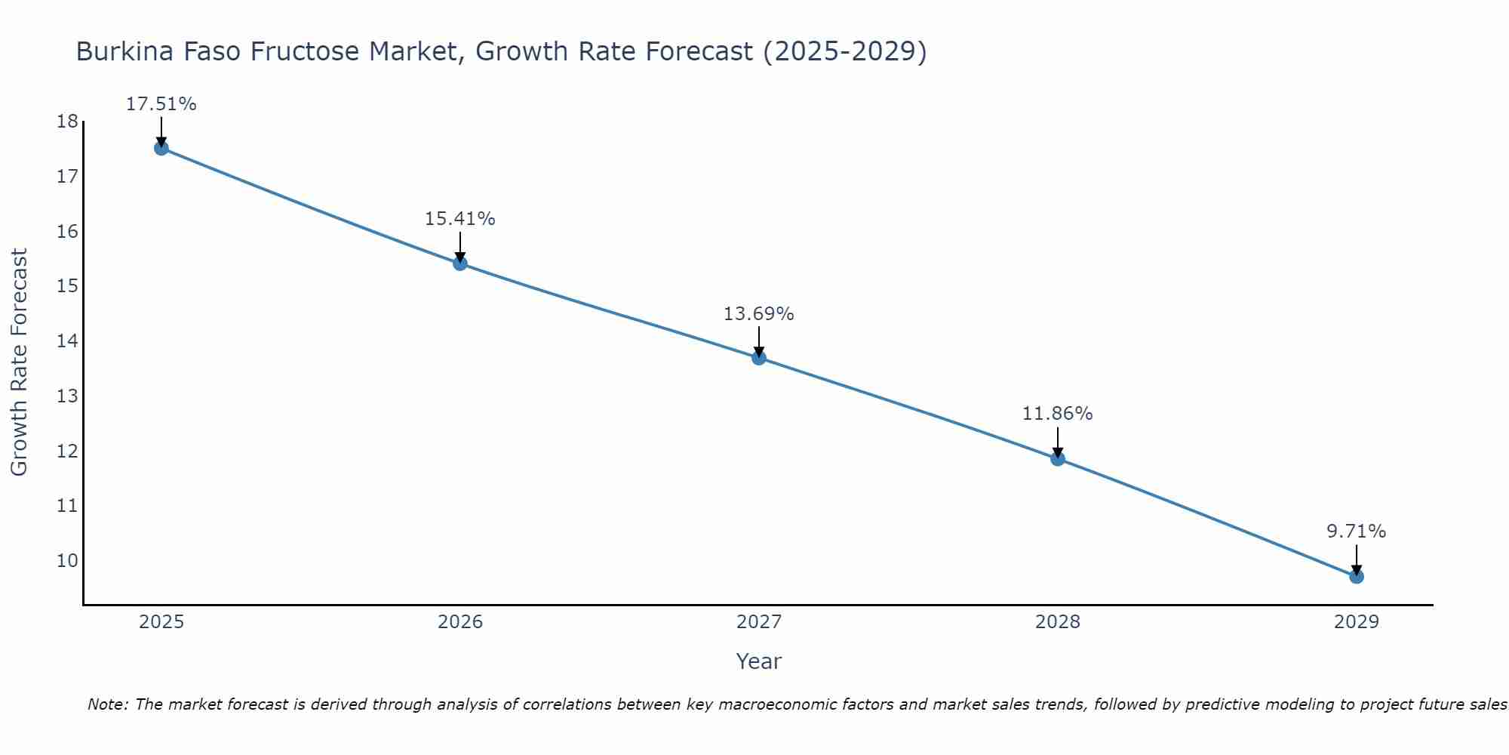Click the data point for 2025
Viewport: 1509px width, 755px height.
pyautogui.click(x=161, y=148)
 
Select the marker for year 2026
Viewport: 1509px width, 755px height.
pyautogui.click(x=460, y=263)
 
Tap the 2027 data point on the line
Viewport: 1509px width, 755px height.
pyautogui.click(x=759, y=358)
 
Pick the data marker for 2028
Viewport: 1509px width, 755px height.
pyautogui.click(x=1058, y=458)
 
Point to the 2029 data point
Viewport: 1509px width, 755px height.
pyautogui.click(x=1357, y=577)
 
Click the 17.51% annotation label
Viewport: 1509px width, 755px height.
pyautogui.click(x=161, y=104)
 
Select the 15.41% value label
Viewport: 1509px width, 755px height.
pyautogui.click(x=460, y=219)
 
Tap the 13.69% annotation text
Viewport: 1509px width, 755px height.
pyautogui.click(x=759, y=314)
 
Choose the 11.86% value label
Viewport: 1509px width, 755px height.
pyautogui.click(x=1058, y=414)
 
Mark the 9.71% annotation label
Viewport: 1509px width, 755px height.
pyautogui.click(x=1357, y=532)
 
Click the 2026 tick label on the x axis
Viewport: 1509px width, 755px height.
pyautogui.click(x=460, y=622)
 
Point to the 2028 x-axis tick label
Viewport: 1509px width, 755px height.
pyautogui.click(x=1058, y=622)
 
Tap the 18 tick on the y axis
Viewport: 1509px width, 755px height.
pyautogui.click(x=67, y=122)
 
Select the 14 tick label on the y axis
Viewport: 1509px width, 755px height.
pyautogui.click(x=67, y=341)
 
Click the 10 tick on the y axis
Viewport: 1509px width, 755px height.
pyautogui.click(x=67, y=561)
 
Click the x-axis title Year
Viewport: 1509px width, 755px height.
pyautogui.click(x=759, y=661)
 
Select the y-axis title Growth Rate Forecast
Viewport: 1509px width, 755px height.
pyautogui.click(x=20, y=362)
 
